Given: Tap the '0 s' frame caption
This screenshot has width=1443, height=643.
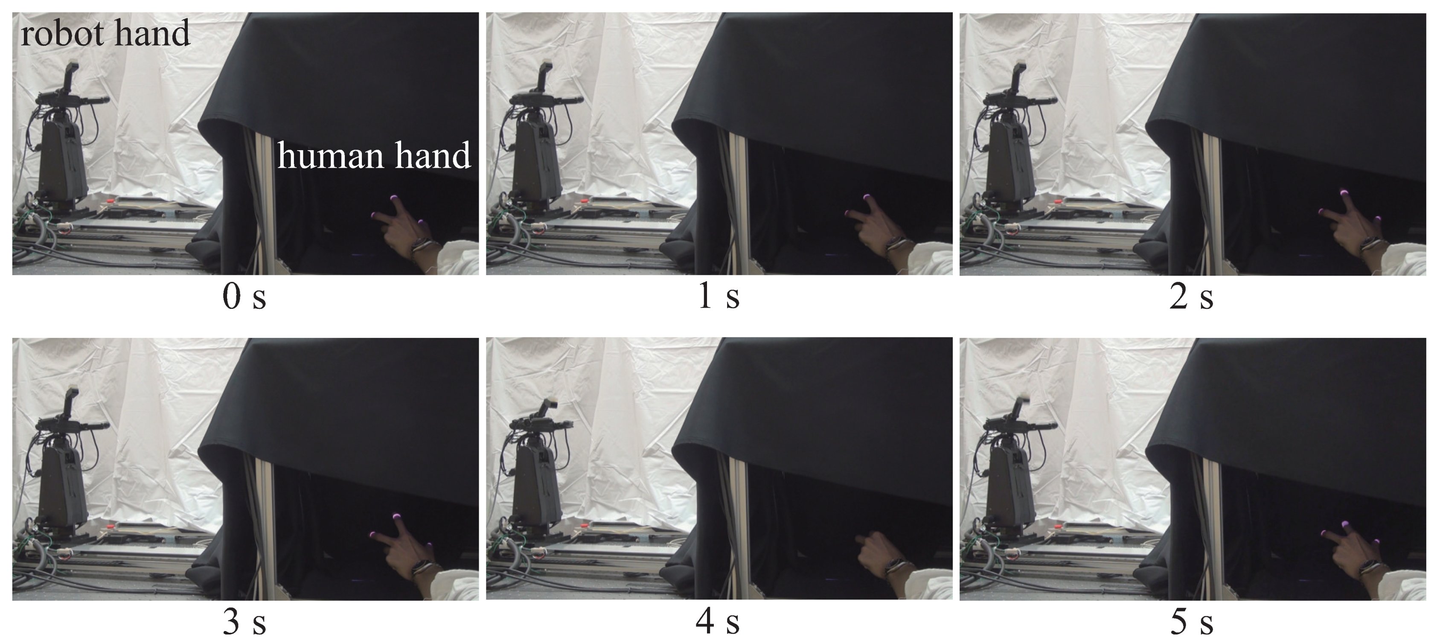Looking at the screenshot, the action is point(244,297).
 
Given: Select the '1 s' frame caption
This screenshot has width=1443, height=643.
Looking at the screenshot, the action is point(719,297).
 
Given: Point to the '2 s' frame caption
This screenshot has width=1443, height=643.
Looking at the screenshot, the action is point(1192,297).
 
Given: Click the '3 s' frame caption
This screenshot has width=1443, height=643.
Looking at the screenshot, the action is point(244,622).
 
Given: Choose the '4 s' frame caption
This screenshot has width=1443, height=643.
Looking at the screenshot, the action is point(719,622).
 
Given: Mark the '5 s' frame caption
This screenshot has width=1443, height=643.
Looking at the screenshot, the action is point(1192,622).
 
